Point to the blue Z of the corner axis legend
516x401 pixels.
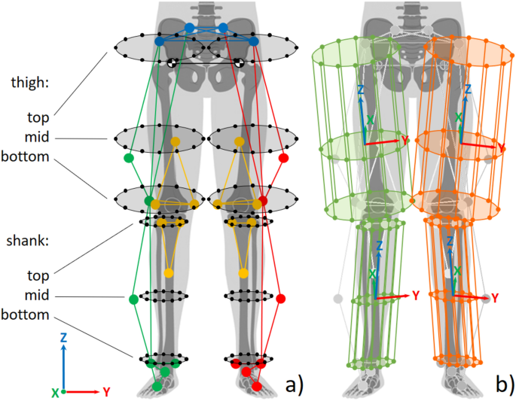coord(64,337)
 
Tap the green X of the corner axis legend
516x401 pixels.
coord(54,393)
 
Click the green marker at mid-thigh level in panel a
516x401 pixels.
coord(128,159)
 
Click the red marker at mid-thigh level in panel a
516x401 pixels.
coord(284,159)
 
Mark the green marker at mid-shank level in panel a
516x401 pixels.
coord(133,299)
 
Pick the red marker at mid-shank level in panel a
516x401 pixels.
coord(281,299)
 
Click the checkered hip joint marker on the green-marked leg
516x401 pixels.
coord(173,64)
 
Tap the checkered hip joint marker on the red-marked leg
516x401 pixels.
coord(239,64)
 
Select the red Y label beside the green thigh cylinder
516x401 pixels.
coord(405,141)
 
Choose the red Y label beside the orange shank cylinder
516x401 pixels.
coord(495,298)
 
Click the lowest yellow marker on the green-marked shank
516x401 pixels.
coord(169,272)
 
